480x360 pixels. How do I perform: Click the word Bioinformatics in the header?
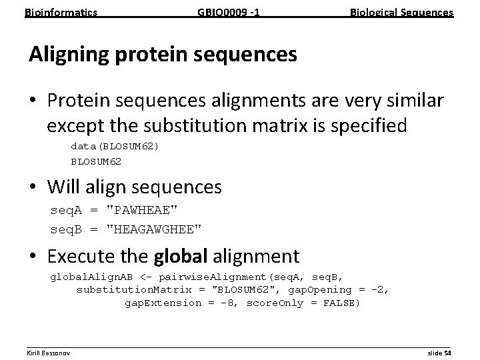[61, 12]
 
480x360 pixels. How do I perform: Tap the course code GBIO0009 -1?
[227, 12]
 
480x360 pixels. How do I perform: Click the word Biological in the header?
[374, 12]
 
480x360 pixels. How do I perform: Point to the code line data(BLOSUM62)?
[115, 147]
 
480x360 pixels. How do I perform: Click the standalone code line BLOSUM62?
[96, 161]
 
